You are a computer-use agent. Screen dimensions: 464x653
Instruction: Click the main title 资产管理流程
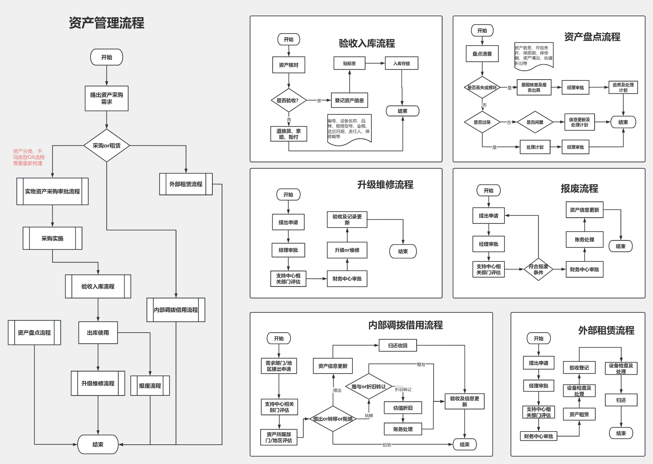tap(106, 23)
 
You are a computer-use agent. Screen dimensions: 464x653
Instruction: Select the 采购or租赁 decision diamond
tap(106, 145)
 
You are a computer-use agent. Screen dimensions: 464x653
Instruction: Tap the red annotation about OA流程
tap(29, 157)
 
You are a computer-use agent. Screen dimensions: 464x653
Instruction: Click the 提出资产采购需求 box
tap(106, 98)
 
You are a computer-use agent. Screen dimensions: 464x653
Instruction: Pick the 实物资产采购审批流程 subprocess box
tap(52, 191)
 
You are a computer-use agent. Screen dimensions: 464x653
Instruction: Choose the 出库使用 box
tap(98, 333)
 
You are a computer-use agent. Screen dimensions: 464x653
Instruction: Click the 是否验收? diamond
tap(289, 101)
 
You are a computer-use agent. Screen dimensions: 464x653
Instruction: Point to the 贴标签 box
tap(349, 63)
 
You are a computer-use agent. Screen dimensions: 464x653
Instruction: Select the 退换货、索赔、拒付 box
tap(289, 134)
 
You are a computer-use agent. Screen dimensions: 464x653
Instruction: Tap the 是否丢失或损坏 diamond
tap(482, 88)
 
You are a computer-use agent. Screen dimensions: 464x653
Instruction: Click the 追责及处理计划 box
tap(623, 87)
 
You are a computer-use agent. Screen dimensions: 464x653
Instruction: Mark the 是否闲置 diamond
tap(535, 122)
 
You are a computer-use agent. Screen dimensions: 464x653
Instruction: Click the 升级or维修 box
tap(347, 250)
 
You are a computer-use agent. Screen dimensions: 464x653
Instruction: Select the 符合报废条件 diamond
tap(538, 269)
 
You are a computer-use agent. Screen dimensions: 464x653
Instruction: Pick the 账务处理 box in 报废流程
tap(584, 240)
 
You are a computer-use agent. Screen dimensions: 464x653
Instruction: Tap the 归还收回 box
tap(398, 346)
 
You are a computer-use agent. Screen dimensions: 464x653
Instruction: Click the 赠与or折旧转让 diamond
tap(369, 387)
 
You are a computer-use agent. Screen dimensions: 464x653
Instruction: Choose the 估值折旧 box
tap(403, 408)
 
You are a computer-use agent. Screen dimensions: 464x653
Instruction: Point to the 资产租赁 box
tap(579, 415)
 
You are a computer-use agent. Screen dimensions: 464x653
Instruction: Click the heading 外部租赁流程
tap(606, 331)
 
